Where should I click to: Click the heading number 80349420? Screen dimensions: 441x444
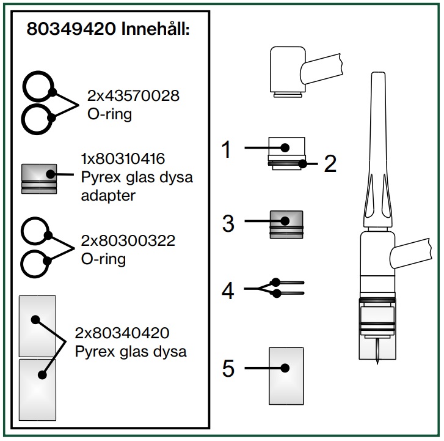point(70,30)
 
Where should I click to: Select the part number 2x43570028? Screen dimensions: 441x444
point(133,97)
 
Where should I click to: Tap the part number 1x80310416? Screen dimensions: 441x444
point(123,159)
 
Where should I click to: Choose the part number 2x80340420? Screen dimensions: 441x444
point(122,333)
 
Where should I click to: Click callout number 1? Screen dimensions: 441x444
point(227,149)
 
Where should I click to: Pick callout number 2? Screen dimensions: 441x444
point(330,163)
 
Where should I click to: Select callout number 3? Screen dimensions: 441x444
point(228,223)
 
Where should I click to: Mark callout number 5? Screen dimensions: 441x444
point(228,369)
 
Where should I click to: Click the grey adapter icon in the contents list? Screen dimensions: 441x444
point(39,178)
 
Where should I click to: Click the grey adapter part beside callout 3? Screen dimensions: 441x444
point(286,224)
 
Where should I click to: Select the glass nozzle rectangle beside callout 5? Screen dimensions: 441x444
point(286,376)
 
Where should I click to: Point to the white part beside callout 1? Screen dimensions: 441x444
point(286,145)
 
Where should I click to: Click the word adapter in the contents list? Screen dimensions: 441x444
point(108,196)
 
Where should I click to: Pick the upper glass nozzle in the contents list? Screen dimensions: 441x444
point(37,326)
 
